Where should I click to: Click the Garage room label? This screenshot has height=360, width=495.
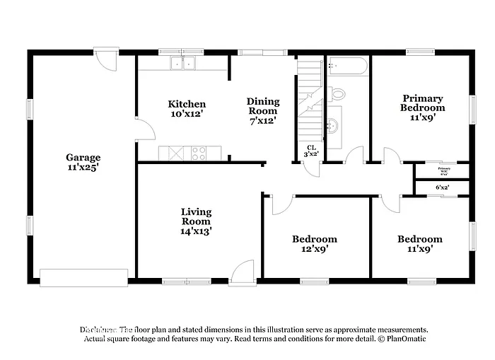83,158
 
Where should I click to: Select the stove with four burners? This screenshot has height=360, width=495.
199,152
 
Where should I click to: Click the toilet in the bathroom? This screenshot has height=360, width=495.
337,93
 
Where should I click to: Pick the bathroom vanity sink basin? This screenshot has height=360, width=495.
333,126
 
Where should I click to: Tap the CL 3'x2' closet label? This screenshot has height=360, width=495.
310,151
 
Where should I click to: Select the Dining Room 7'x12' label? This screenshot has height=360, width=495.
262,111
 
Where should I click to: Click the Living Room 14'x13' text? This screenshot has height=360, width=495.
196,221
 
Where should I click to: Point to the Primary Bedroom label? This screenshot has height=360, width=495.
422,108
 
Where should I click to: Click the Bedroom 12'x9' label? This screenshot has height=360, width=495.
315,244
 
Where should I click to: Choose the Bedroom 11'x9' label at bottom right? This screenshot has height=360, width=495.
419,244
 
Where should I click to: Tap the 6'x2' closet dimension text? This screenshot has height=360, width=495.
442,187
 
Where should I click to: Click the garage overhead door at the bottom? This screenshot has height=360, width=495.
83,278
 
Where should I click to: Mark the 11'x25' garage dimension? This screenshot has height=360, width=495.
83,168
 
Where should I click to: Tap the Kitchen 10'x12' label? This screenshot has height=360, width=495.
187,109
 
